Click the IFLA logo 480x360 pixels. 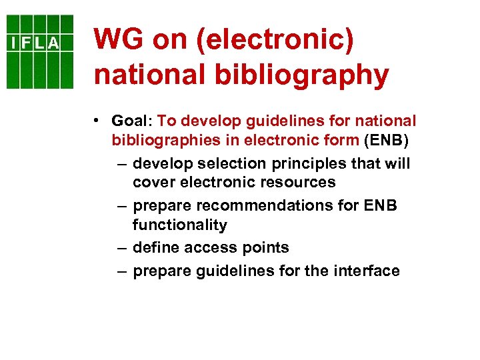pyautogui.click(x=40, y=51)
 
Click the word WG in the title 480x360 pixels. pyautogui.click(x=118, y=40)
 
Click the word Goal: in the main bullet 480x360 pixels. pyautogui.click(x=132, y=121)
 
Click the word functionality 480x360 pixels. pyautogui.click(x=180, y=225)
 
